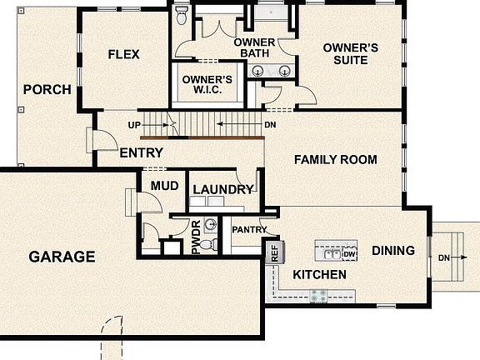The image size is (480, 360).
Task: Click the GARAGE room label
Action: (x=62, y=257)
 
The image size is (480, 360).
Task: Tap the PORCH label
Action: (x=47, y=90)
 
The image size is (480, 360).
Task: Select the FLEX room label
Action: (x=123, y=55)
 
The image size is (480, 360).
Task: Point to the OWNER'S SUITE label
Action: (x=351, y=54)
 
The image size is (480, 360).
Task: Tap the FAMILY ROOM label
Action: (x=335, y=159)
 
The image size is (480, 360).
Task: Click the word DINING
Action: (x=392, y=249)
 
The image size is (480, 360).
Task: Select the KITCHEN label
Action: (x=319, y=274)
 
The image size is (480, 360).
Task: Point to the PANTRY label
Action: (x=249, y=230)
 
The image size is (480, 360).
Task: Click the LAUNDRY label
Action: (x=222, y=189)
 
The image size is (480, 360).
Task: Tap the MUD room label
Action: (x=164, y=185)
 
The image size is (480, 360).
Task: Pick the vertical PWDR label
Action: (x=197, y=237)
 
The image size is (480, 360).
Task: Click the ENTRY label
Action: (x=141, y=153)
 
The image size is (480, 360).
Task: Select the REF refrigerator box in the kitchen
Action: (x=273, y=252)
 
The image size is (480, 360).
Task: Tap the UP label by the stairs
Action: (x=133, y=125)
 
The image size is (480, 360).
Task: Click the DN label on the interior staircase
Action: (x=270, y=125)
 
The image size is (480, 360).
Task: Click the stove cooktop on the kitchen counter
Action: (x=318, y=294)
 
